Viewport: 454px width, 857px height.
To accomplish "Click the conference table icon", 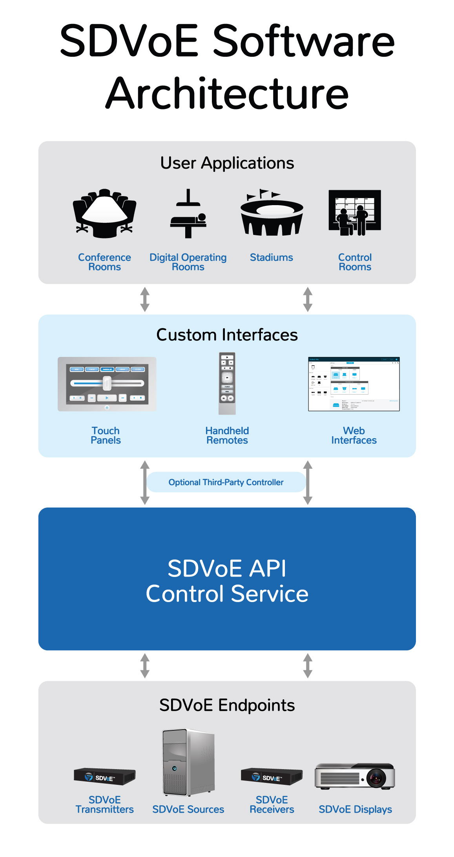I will pos(104,213).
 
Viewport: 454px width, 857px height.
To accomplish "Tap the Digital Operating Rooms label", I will pos(188,262).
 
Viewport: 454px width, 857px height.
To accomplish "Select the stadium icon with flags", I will pos(272,213).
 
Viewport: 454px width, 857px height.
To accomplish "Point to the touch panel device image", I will pos(107,384).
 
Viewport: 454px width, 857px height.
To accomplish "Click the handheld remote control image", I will pos(227,383).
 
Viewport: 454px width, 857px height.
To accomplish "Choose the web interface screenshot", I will pos(354,384).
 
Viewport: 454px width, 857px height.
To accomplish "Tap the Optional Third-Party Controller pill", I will pos(226,482).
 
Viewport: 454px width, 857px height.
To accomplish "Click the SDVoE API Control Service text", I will pos(227,581).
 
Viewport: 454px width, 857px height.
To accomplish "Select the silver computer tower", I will pos(188,762).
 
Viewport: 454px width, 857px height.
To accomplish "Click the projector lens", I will pos(376,777).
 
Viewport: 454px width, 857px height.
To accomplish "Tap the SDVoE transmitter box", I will pos(104,776).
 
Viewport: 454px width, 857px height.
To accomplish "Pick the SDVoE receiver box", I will pos(272,776).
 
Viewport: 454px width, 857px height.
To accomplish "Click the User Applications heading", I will pos(227,163).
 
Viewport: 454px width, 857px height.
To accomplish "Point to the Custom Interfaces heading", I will pos(227,335).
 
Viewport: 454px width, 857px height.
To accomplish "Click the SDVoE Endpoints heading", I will pos(227,705).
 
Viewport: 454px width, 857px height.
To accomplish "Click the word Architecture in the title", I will pos(227,93).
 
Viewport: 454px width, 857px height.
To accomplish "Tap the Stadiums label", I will pos(272,258).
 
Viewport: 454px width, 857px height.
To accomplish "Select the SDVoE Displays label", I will pos(355,809).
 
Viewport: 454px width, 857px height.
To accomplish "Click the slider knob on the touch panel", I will pos(107,383).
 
